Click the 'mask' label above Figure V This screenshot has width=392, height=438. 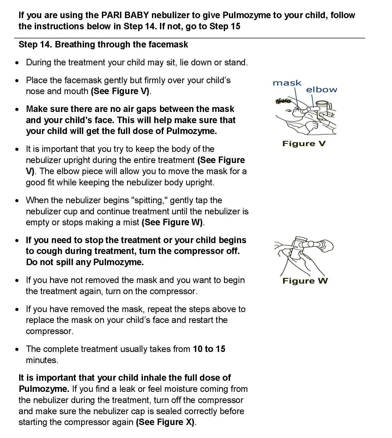287,83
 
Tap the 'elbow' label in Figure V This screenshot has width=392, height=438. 321,90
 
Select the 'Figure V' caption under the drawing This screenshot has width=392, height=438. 304,144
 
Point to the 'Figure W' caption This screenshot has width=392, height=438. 305,281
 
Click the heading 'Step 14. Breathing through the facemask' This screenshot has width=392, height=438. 103,45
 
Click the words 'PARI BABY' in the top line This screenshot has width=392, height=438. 125,15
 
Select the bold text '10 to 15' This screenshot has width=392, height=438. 209,349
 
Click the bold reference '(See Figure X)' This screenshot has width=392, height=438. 165,422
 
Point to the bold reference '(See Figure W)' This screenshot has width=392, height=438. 172,222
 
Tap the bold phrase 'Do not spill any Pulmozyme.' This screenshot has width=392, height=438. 85,262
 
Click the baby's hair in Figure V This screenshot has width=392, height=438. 282,101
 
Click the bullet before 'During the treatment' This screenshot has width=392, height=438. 17,63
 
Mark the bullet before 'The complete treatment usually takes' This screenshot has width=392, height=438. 17,349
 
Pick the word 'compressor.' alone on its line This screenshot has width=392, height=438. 50,331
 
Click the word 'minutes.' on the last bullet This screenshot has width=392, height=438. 42,360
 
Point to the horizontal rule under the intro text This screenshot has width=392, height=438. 189,38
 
